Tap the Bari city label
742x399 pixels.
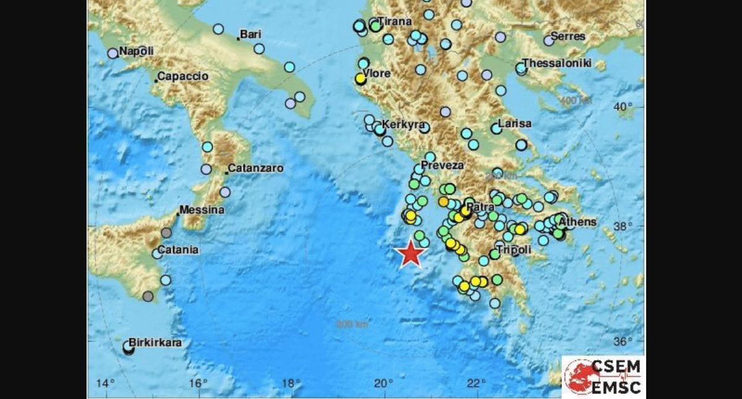coord(250,35)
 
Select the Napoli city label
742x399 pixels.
coord(136,51)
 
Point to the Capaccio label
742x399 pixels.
coord(182,77)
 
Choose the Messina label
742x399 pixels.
coord(202,210)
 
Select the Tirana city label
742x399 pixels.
coord(394,22)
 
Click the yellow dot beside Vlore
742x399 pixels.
coord(360,79)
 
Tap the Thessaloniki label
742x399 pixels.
coord(557,63)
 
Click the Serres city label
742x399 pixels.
coord(568,36)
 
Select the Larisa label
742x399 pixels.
coord(514,124)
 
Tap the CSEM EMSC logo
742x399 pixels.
coord(603,376)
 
